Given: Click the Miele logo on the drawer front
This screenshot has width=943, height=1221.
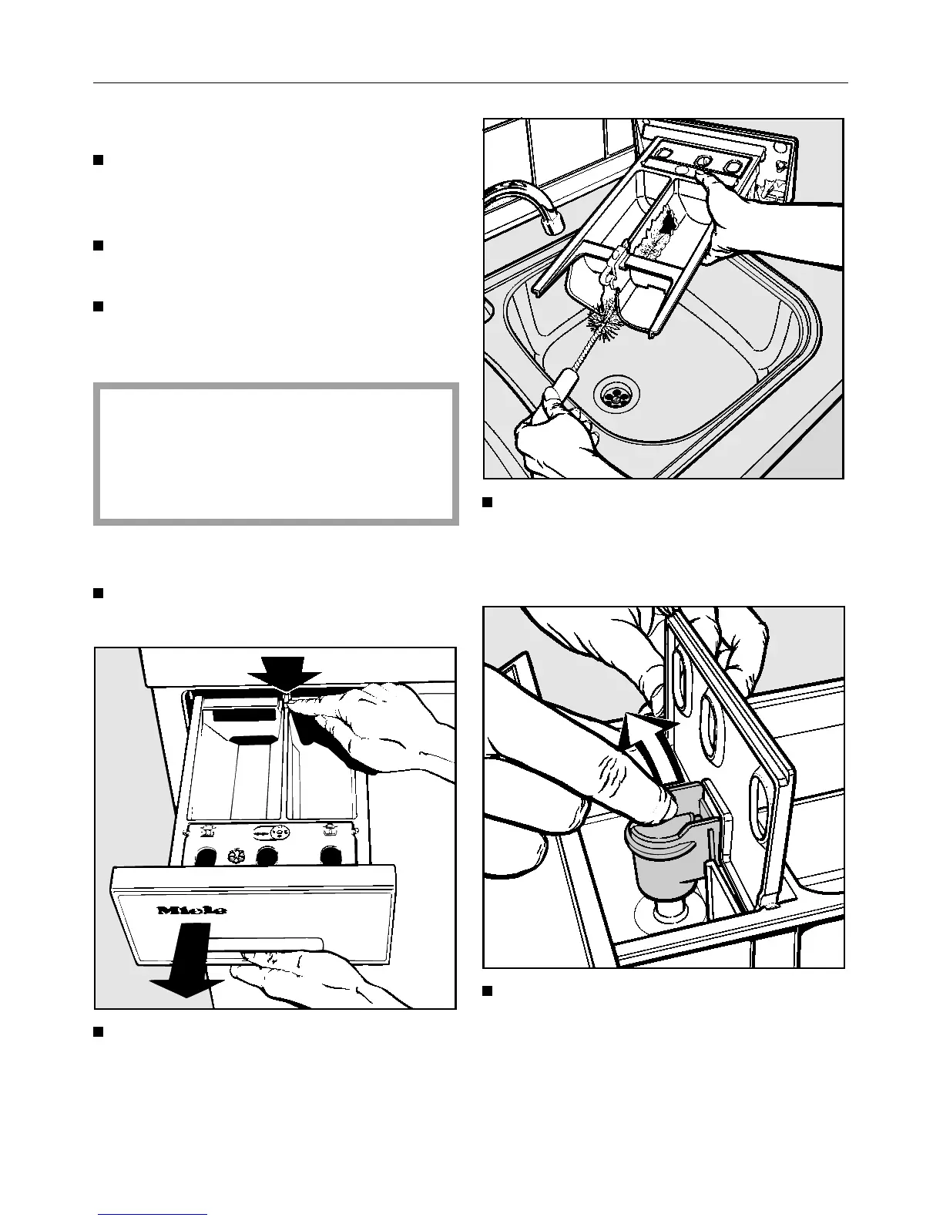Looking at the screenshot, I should [193, 910].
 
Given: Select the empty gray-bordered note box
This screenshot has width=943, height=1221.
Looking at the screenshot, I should [276, 453].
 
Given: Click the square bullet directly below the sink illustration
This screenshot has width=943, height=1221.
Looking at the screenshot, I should [487, 503].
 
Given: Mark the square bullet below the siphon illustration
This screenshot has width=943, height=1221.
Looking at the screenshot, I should [487, 991].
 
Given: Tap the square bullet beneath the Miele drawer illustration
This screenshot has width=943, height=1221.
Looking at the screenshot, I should [98, 1031].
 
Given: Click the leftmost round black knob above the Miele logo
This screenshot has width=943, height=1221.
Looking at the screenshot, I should [206, 856].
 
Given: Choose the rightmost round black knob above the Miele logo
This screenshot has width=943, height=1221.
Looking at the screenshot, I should [331, 856].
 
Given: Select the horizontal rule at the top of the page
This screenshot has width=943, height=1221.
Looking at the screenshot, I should [470, 82].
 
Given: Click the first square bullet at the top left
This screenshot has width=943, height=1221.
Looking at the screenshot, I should [98, 160].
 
